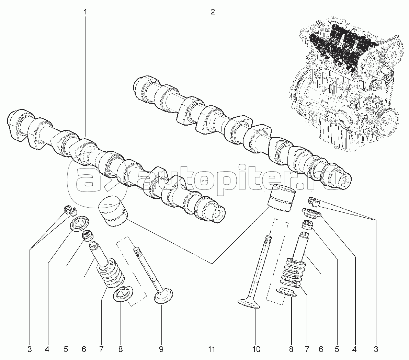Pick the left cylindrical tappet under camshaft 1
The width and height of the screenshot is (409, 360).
pyautogui.click(x=113, y=211)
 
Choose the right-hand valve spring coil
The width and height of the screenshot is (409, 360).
pyautogui.click(x=293, y=271)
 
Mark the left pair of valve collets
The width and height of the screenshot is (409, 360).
pyautogui.click(x=70, y=210)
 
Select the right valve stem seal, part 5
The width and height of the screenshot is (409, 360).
pyautogui.click(x=308, y=225)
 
